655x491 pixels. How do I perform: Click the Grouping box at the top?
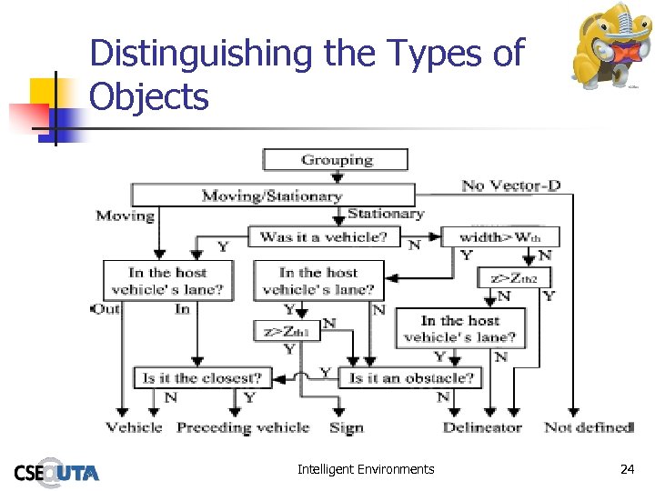click(337, 160)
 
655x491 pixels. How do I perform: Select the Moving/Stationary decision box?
click(272, 195)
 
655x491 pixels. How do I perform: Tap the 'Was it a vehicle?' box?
click(329, 237)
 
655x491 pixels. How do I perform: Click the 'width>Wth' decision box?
click(499, 237)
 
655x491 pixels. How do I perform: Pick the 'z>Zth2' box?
click(514, 278)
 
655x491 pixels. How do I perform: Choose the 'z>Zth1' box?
click(287, 331)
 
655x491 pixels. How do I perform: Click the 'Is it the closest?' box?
click(202, 377)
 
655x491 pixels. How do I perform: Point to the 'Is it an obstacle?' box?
click(410, 377)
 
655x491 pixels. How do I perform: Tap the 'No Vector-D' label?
click(510, 185)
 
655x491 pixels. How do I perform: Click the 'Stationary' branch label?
click(386, 215)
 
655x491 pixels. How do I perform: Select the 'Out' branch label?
click(106, 309)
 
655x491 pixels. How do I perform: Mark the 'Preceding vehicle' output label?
click(243, 427)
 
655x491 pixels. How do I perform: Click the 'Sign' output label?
click(347, 427)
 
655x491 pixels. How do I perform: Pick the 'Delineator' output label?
click(482, 427)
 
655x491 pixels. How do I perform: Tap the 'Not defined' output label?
click(589, 427)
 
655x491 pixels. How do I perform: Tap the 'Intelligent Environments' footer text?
click(366, 469)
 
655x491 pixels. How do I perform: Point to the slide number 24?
click(627, 469)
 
